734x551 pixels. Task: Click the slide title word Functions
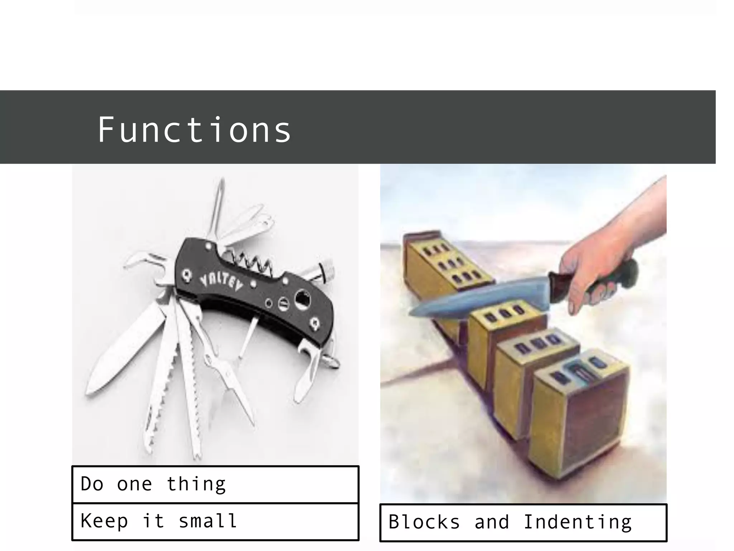(194, 130)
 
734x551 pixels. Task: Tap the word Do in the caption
(92, 484)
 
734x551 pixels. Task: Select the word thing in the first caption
(196, 485)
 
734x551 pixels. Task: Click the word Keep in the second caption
(104, 521)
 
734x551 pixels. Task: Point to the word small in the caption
(208, 521)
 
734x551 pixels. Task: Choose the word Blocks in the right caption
(424, 522)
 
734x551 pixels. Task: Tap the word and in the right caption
(492, 522)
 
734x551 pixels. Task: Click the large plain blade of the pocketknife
(125, 352)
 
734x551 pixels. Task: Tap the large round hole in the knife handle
(303, 299)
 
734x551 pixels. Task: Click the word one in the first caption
(134, 485)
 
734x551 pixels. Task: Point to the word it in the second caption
(153, 521)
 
